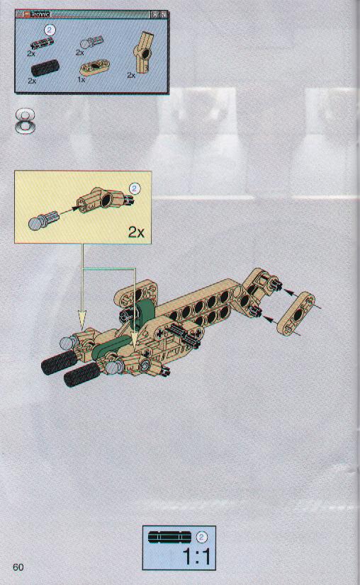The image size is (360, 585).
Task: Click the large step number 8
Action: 26,121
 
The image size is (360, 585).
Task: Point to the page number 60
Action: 18,567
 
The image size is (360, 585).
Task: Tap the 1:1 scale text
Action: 196,557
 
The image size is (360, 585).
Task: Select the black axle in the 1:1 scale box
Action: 169,537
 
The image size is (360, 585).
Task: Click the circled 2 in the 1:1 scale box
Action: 201,537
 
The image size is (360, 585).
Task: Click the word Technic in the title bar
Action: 40,14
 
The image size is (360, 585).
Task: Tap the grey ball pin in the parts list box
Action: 91,42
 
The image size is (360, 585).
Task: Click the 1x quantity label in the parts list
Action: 81,79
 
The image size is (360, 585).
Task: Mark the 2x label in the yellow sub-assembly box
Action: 136,232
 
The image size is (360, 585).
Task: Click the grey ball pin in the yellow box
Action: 43,220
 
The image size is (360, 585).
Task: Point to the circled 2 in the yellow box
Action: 135,188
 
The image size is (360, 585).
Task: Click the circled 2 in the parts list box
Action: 50,30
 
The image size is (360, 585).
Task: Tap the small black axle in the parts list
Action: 43,43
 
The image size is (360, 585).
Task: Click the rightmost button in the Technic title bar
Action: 164,15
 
